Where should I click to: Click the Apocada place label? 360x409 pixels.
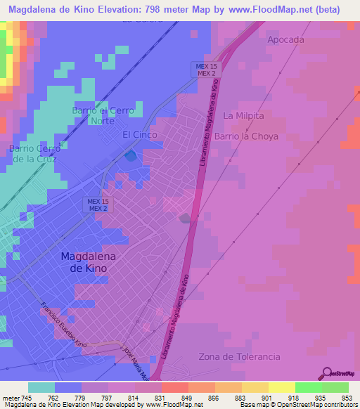[x=285, y=40]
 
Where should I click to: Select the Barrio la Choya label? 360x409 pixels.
[x=246, y=136]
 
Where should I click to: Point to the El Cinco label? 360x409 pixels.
[x=139, y=134]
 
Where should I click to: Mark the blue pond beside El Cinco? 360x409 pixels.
[x=131, y=155]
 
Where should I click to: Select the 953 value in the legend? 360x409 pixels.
[x=347, y=397]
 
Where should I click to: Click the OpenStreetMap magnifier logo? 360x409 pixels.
[x=326, y=374]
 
